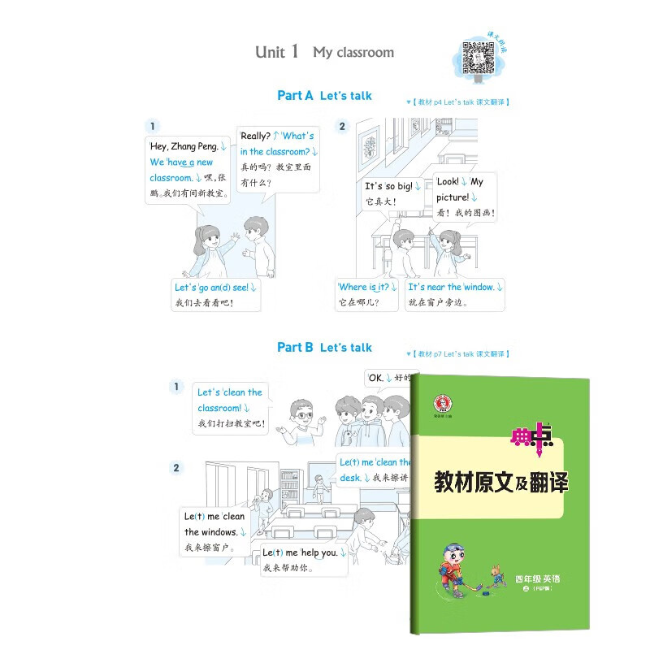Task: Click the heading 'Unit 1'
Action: (277, 52)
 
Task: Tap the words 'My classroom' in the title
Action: (353, 52)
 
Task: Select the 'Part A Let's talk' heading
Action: (324, 95)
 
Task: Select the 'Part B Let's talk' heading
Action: (324, 347)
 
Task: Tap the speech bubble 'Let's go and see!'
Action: (216, 295)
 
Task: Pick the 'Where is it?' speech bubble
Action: (367, 295)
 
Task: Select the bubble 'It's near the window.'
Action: (455, 295)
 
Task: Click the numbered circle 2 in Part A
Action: (342, 126)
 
